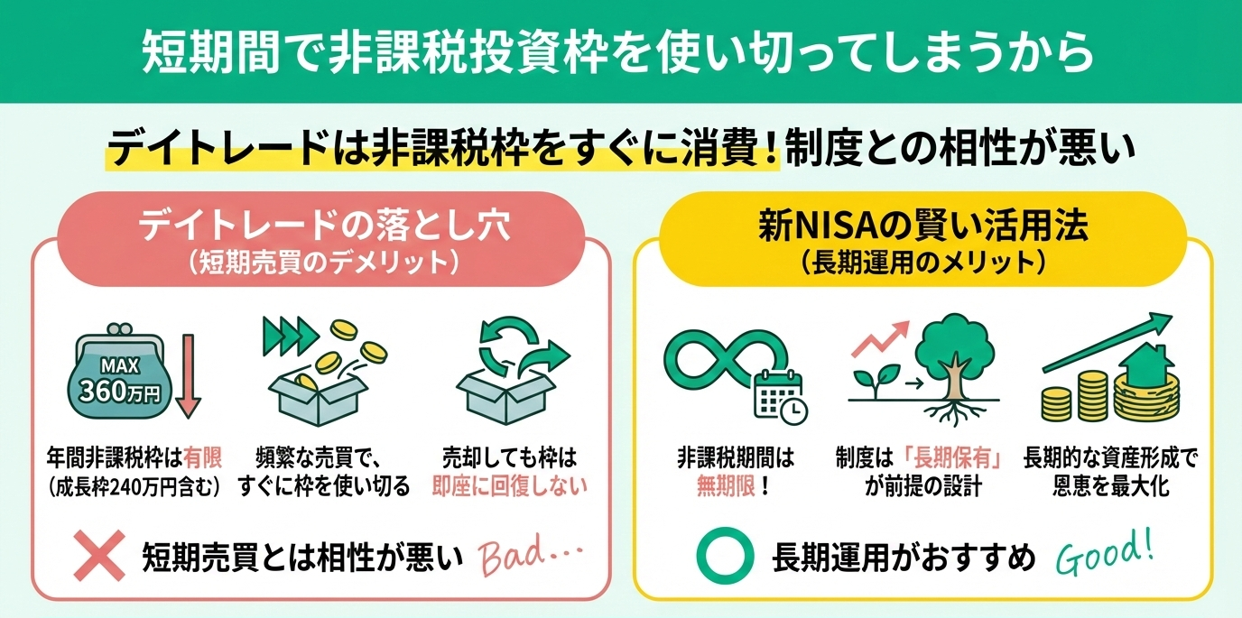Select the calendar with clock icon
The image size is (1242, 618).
coord(781,397)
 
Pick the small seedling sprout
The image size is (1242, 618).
coord(869,382)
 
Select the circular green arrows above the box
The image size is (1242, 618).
coord(512,350)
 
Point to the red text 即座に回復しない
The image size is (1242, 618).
coord(510,486)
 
